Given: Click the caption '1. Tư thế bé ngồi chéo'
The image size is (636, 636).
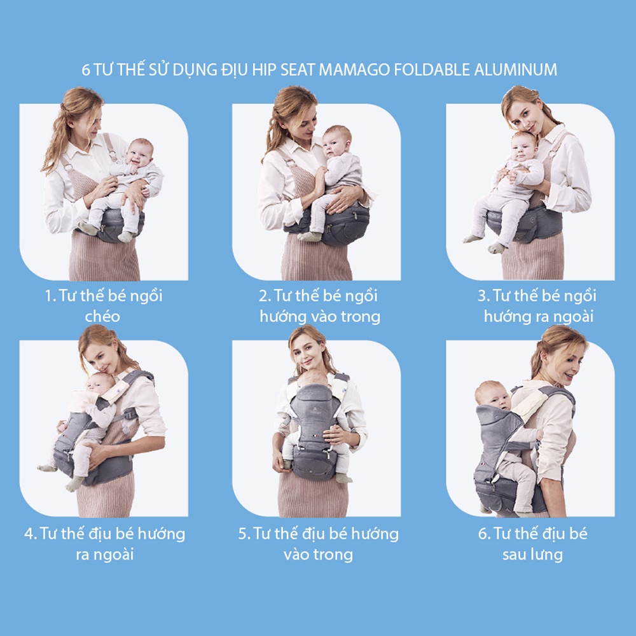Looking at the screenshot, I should coord(103,305).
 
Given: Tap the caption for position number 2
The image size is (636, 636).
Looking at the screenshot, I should coord(319,305).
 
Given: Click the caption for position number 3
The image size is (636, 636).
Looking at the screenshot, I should coord(538,305).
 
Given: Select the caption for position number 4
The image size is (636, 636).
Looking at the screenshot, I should coord(105,543).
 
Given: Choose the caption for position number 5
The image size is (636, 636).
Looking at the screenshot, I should coord(318,543).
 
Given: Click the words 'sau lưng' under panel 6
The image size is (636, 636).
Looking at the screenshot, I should coord(532,554).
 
